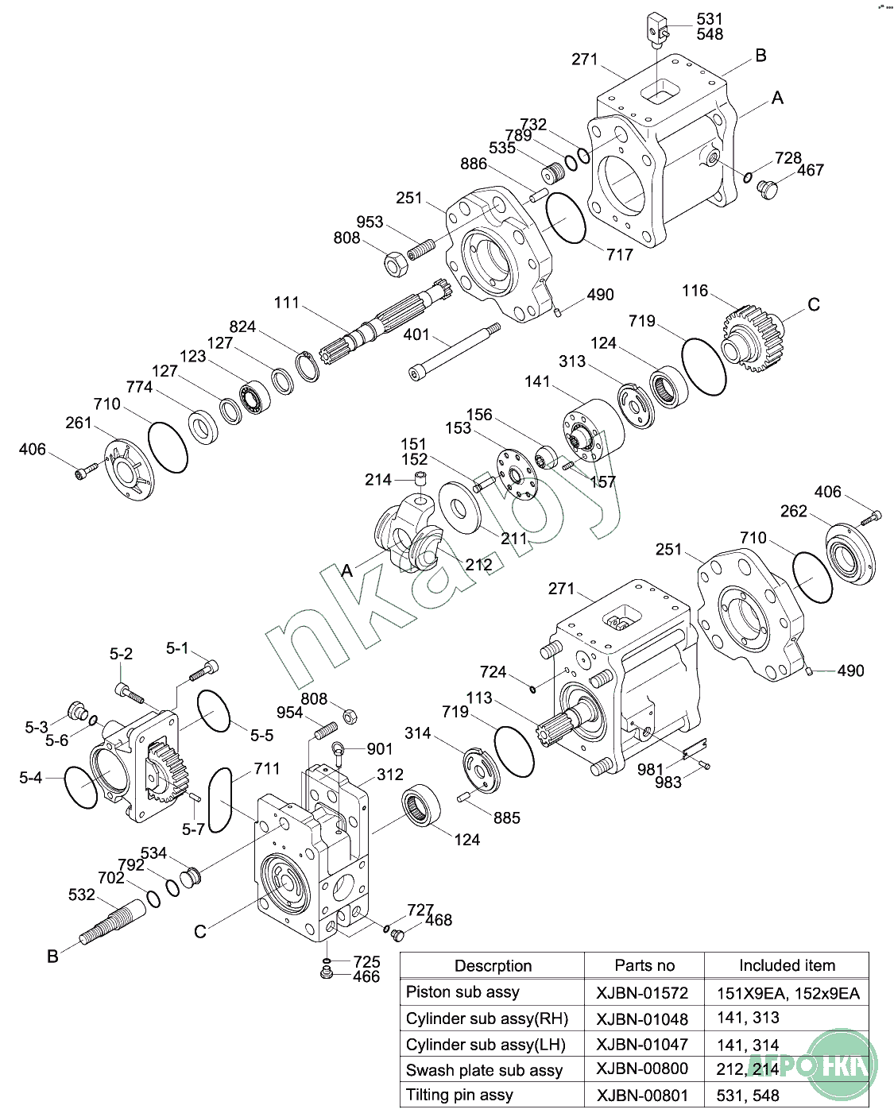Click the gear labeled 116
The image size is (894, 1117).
[751, 340]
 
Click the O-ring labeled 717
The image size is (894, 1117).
[566, 216]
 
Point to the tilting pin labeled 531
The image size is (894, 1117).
[656, 27]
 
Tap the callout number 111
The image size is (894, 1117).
[287, 303]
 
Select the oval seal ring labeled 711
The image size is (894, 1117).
[220, 799]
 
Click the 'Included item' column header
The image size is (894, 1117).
[787, 965]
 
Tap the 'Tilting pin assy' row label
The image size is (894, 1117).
[459, 1095]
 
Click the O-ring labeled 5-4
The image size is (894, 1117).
[81, 787]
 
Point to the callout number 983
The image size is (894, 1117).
[668, 783]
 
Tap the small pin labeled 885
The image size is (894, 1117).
[466, 797]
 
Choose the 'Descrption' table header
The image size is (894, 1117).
[493, 966]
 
